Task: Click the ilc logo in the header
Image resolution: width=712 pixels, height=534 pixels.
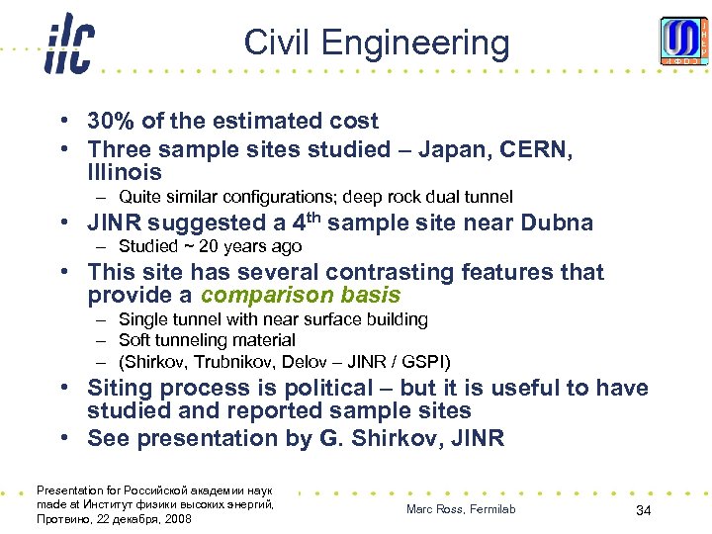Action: [68, 45]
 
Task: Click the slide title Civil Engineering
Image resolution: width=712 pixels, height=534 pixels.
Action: [377, 43]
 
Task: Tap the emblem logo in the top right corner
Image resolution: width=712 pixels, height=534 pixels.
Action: [683, 41]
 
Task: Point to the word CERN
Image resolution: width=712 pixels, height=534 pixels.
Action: [533, 148]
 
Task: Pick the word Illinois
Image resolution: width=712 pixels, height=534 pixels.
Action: [125, 173]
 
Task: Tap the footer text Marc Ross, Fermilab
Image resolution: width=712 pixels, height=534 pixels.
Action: [461, 509]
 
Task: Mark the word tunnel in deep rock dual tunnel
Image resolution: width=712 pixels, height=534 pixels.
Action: [489, 197]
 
